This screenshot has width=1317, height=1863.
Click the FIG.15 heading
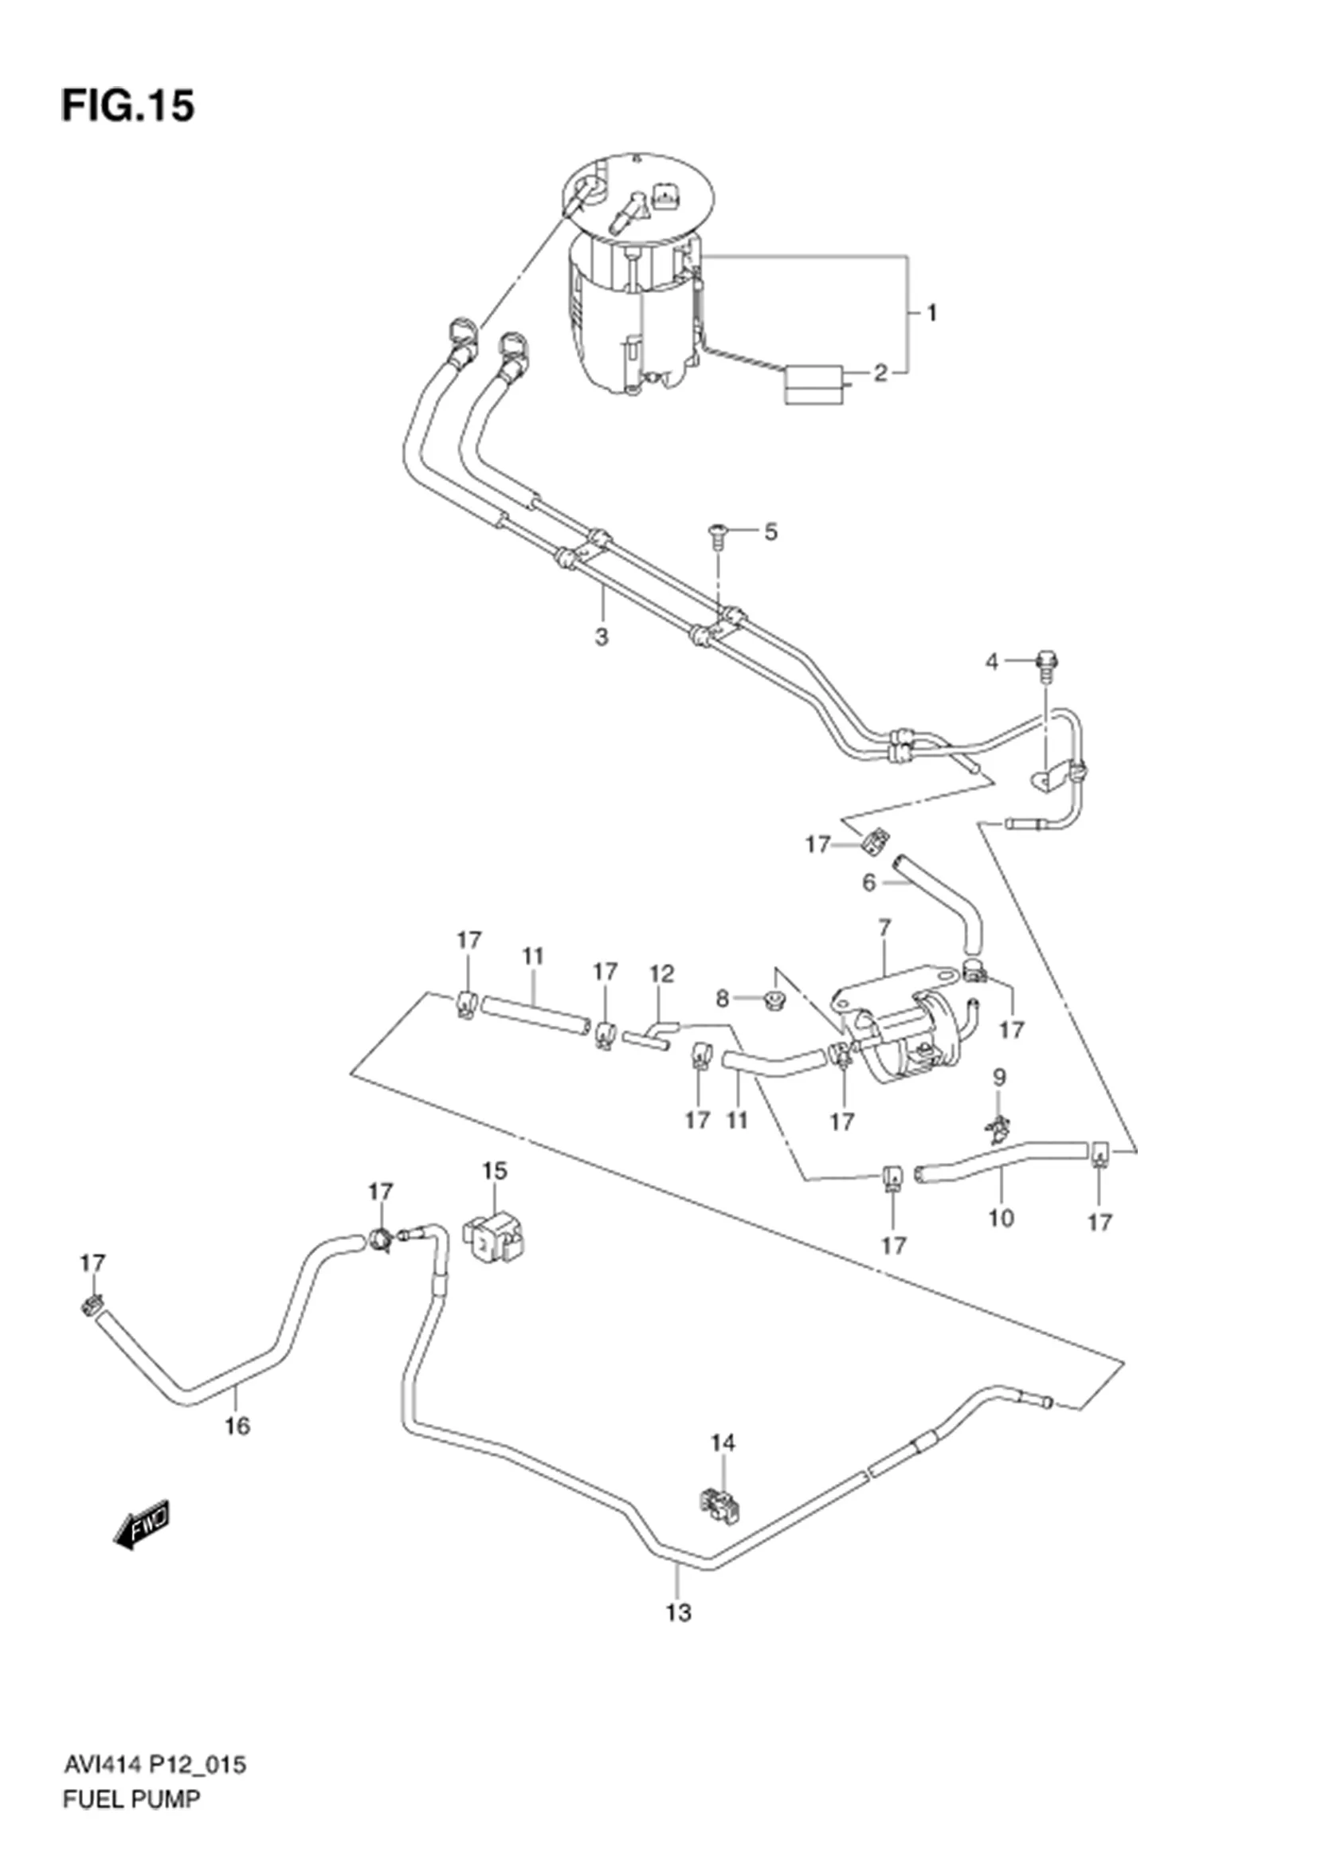tap(128, 106)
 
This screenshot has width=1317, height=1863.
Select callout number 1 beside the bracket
tap(931, 312)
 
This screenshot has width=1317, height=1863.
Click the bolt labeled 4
tap(1046, 666)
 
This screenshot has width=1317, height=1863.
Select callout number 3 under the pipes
tap(601, 637)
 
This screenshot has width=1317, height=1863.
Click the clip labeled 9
tap(998, 1125)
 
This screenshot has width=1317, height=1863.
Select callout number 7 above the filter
tap(884, 926)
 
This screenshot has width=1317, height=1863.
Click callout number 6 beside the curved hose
tap(868, 883)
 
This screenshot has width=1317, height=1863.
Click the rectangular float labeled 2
tap(813, 386)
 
